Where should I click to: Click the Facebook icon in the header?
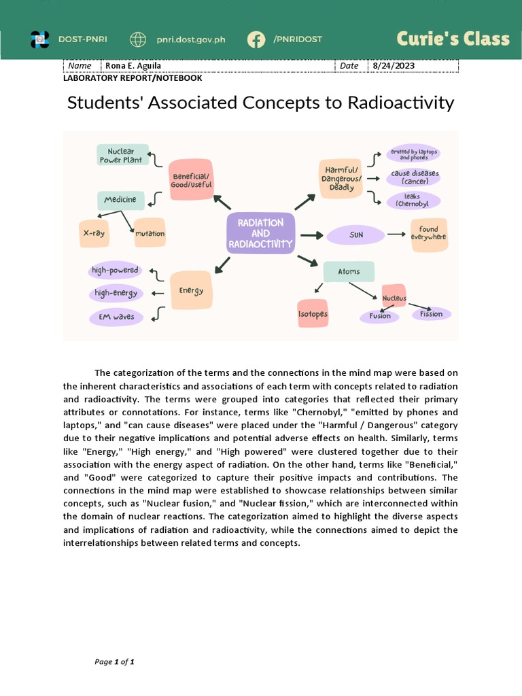[x=256, y=39]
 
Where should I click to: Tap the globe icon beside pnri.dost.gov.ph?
[x=138, y=39]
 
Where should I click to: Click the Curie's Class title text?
[x=453, y=39]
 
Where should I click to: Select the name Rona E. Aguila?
[x=134, y=66]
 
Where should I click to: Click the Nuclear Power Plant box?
[x=121, y=155]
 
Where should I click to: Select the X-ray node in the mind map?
[x=94, y=233]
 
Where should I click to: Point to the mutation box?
[x=150, y=233]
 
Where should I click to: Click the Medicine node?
[x=120, y=200]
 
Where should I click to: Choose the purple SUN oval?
[x=356, y=234]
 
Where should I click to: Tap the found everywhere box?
[x=428, y=234]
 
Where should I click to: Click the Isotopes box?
[x=313, y=314]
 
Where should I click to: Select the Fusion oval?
[x=380, y=316]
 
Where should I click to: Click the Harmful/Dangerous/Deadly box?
[x=341, y=179]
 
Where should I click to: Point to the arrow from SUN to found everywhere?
[x=396, y=234]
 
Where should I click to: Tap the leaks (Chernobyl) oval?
[x=413, y=201]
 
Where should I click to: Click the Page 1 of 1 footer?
[x=114, y=662]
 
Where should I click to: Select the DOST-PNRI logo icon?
[x=40, y=39]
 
